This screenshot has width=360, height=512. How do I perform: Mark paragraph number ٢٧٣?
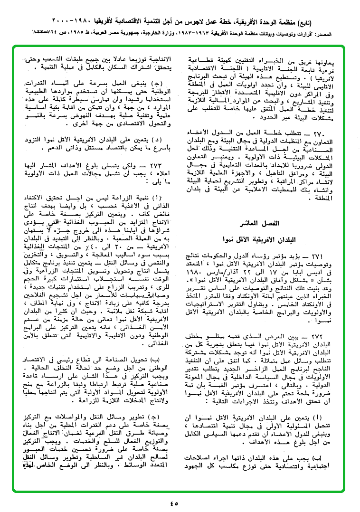coord(164,166)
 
